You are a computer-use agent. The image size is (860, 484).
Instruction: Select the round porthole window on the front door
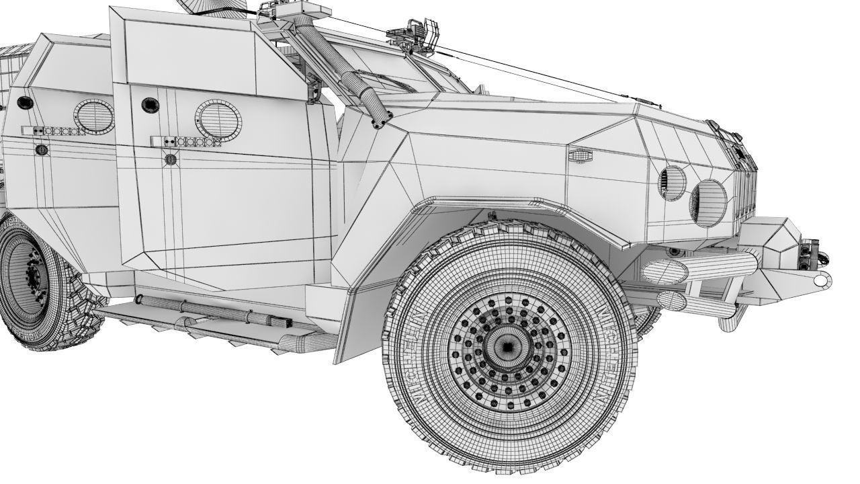pyautogui.click(x=218, y=119)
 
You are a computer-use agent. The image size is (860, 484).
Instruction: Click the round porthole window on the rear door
pyautogui.click(x=93, y=116)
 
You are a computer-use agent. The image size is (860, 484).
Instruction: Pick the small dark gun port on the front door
pyautogui.click(x=147, y=105)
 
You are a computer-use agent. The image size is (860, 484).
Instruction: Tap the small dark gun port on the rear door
pyautogui.click(x=25, y=102)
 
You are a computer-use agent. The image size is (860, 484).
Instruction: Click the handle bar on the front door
pyautogui.click(x=185, y=142)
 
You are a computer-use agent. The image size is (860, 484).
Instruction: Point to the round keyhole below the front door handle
pyautogui.click(x=170, y=160)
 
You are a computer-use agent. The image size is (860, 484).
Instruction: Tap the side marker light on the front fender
pyautogui.click(x=578, y=155)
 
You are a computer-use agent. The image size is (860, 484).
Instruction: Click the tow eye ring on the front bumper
pyautogui.click(x=820, y=280)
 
